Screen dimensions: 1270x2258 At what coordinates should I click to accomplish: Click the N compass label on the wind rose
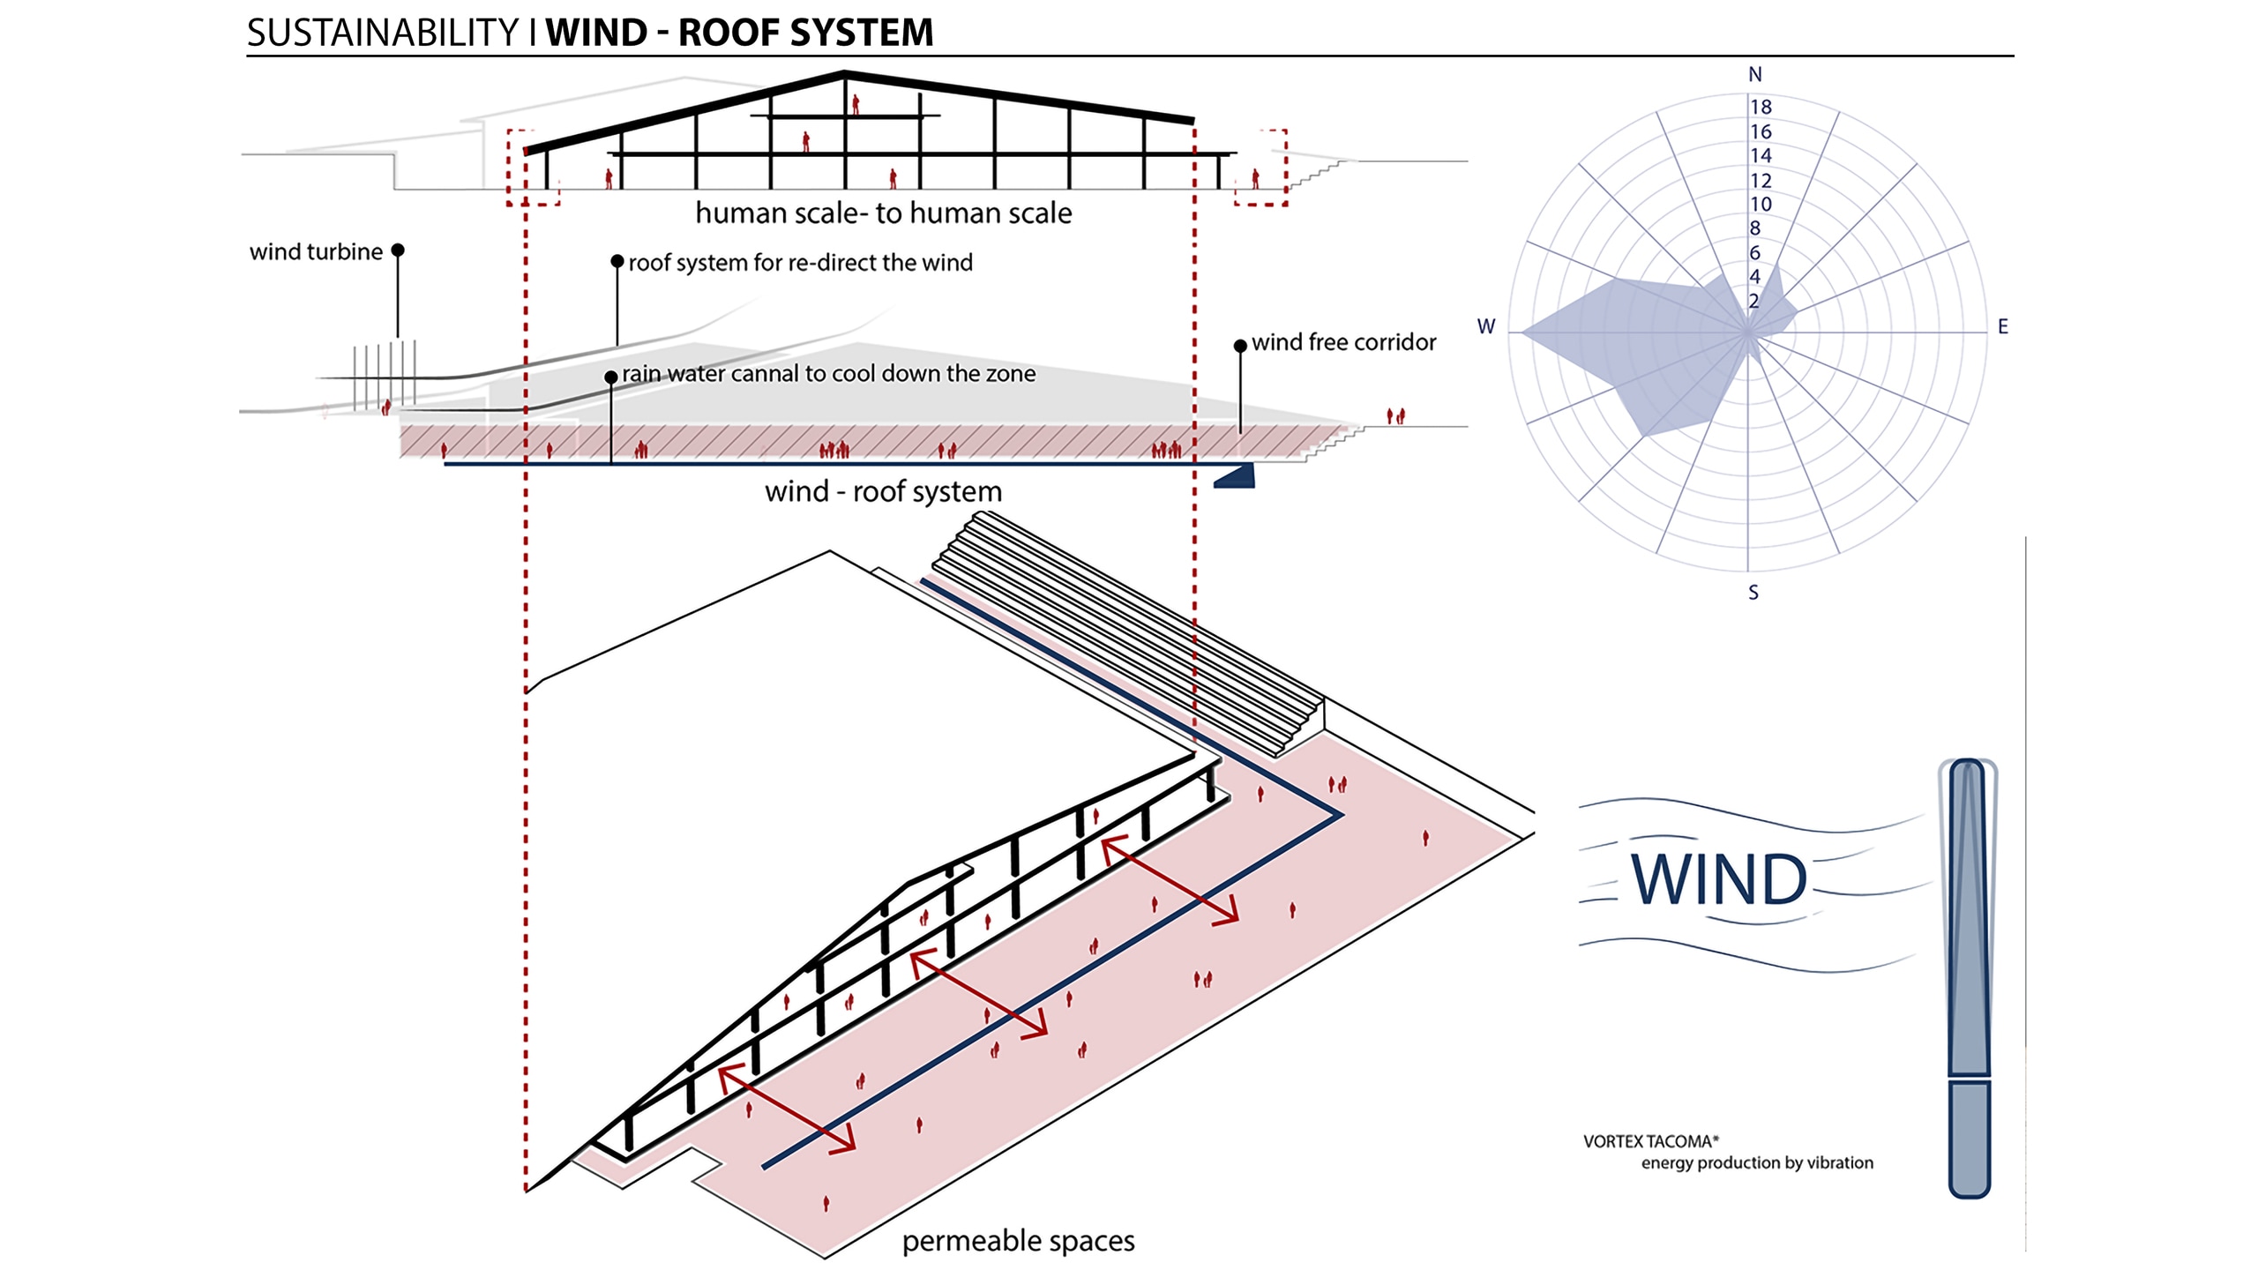1754,75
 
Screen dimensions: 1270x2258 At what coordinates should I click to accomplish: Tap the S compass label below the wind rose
1753,593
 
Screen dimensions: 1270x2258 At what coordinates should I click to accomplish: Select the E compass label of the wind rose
2002,326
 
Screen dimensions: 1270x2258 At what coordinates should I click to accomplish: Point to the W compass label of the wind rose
1486,326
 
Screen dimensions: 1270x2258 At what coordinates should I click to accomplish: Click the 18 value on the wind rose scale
1761,107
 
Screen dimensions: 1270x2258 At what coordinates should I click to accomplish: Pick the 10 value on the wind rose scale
1761,205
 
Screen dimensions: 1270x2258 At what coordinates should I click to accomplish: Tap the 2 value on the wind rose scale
1753,301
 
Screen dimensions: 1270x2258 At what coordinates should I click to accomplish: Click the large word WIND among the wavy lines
1718,879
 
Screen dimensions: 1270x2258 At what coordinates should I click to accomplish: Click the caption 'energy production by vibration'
1757,1162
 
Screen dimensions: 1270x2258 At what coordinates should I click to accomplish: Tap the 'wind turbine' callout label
316,252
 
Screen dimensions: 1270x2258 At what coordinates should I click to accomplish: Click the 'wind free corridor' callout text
1343,342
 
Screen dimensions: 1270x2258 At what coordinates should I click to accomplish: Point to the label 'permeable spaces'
1018,1241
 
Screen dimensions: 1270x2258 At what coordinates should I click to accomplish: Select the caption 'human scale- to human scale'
883,213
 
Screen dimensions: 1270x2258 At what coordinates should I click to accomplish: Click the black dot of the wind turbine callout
398,250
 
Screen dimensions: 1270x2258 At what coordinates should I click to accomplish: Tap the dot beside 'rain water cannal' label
610,377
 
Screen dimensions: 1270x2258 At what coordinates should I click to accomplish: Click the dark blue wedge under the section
1237,477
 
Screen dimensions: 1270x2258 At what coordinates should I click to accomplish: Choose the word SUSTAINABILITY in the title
383,33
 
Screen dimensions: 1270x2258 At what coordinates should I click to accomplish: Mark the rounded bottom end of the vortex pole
1969,1186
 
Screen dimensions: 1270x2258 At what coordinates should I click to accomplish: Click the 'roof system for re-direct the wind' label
800,263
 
